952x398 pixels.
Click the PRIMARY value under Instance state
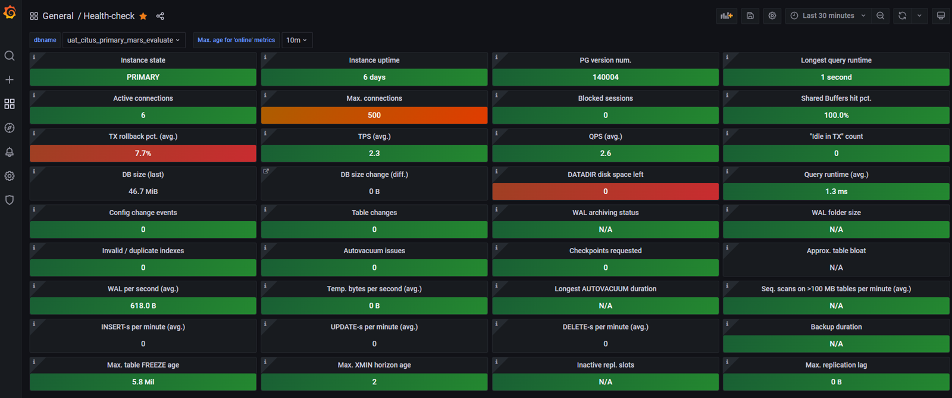click(143, 77)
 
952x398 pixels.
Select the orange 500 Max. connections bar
click(374, 115)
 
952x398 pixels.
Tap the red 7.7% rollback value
click(143, 153)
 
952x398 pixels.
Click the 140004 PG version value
click(605, 77)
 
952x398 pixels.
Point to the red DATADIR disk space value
click(605, 191)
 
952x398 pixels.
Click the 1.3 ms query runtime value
click(836, 191)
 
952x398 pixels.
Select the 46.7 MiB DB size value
click(143, 191)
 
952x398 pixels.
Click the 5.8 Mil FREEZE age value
click(143, 382)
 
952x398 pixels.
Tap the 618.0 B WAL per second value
click(143, 306)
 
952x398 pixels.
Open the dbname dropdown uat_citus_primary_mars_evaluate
click(123, 40)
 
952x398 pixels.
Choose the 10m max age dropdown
click(296, 40)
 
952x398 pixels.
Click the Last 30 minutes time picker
click(828, 15)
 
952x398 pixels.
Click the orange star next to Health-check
click(143, 16)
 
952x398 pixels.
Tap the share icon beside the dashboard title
click(160, 16)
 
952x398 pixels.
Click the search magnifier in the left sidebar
click(10, 55)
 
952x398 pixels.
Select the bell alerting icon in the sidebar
click(10, 152)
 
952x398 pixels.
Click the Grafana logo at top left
click(10, 12)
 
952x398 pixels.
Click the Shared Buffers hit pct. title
click(836, 98)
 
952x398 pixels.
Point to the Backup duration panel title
click(836, 327)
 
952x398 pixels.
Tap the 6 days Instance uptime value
click(374, 77)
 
